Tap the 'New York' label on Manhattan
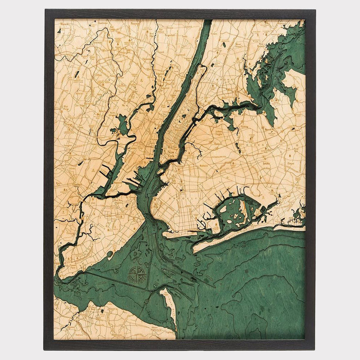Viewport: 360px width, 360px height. pyautogui.click(x=172, y=153)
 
